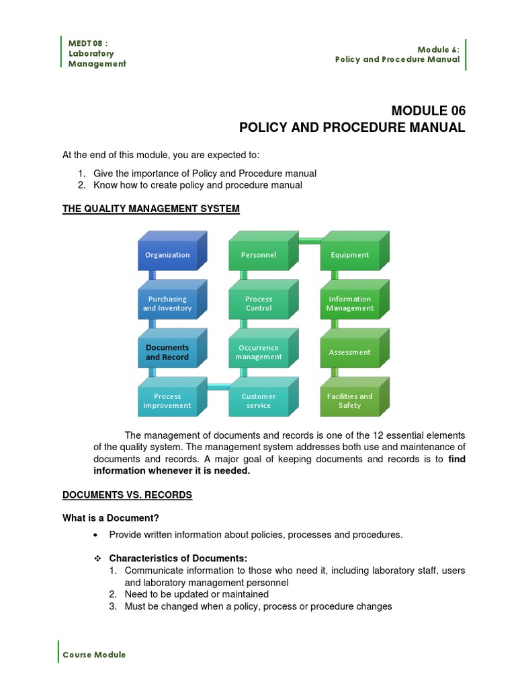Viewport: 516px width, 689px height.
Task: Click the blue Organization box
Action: [x=168, y=255]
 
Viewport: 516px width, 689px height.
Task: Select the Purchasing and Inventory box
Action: [x=167, y=303]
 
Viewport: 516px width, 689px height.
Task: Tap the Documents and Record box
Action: [x=167, y=353]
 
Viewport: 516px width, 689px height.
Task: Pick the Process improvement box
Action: [x=167, y=401]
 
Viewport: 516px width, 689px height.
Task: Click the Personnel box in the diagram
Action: [x=259, y=255]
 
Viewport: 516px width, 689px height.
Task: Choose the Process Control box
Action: [x=259, y=303]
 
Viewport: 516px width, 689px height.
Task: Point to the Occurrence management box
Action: [x=259, y=353]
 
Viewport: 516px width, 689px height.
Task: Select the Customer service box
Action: [x=259, y=401]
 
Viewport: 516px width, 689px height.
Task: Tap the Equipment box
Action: [x=349, y=255]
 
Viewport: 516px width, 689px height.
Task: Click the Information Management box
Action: [x=349, y=303]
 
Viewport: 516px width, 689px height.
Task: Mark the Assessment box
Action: [x=349, y=353]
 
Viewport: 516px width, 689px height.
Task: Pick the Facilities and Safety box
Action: [x=349, y=401]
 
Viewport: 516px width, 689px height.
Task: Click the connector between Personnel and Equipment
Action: [x=309, y=241]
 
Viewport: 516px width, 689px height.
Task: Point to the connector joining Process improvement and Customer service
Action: [x=218, y=387]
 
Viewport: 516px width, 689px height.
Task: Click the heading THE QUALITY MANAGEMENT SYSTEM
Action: [x=151, y=209]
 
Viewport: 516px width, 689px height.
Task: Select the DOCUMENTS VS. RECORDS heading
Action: [x=127, y=495]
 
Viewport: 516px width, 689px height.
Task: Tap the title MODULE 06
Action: [x=428, y=111]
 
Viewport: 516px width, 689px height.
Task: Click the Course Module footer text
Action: [x=94, y=655]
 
